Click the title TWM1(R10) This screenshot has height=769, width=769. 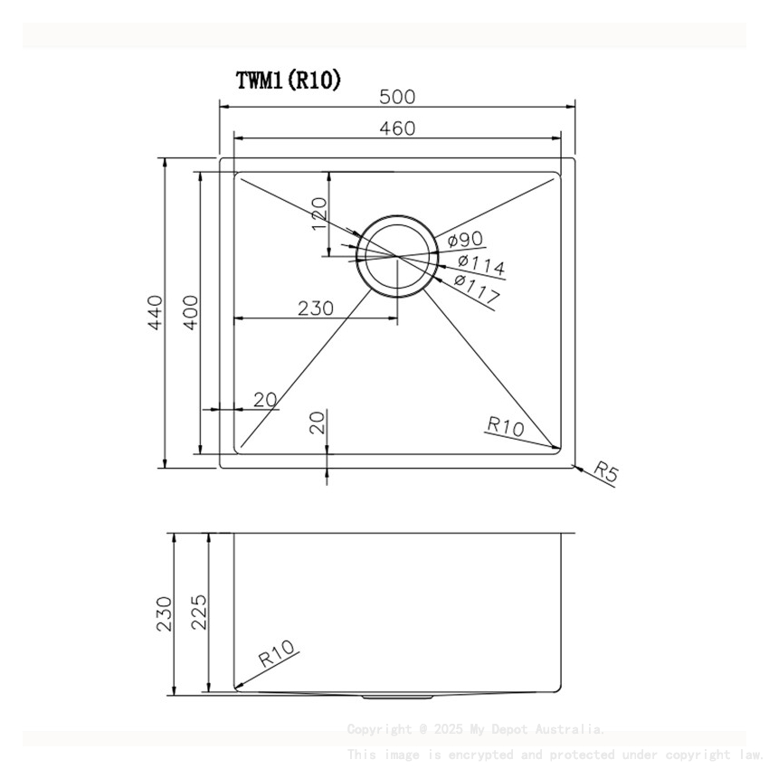pyautogui.click(x=289, y=81)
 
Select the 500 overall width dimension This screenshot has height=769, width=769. pyautogui.click(x=397, y=95)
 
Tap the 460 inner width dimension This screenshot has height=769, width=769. pyautogui.click(x=397, y=128)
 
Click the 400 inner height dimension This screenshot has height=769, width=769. pyautogui.click(x=189, y=311)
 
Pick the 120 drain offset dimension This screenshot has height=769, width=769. pyautogui.click(x=318, y=214)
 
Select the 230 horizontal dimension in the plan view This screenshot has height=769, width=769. pyautogui.click(x=316, y=308)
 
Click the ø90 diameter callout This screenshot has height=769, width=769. pyautogui.click(x=464, y=240)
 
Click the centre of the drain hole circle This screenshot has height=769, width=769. pyautogui.click(x=396, y=255)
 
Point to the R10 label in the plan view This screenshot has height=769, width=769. pyautogui.click(x=505, y=425)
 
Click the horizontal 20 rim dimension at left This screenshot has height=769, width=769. pyautogui.click(x=264, y=400)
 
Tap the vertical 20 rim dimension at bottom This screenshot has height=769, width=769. pyautogui.click(x=318, y=422)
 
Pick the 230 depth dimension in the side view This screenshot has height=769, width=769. pyautogui.click(x=164, y=613)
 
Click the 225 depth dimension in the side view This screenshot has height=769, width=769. pyautogui.click(x=200, y=613)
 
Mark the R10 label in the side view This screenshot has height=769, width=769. pyautogui.click(x=277, y=653)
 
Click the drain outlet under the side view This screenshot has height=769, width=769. pyautogui.click(x=388, y=698)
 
